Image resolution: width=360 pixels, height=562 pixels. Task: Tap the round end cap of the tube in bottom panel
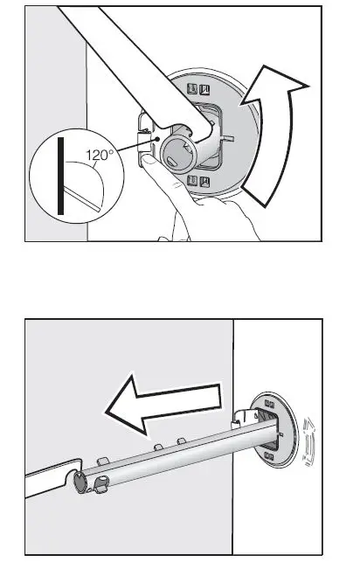(x=81, y=480)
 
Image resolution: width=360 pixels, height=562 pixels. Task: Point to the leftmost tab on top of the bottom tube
(x=101, y=458)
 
